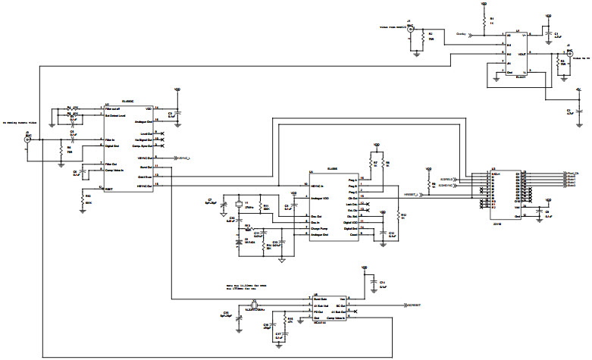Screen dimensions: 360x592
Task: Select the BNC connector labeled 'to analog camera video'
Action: [x=28, y=140]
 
